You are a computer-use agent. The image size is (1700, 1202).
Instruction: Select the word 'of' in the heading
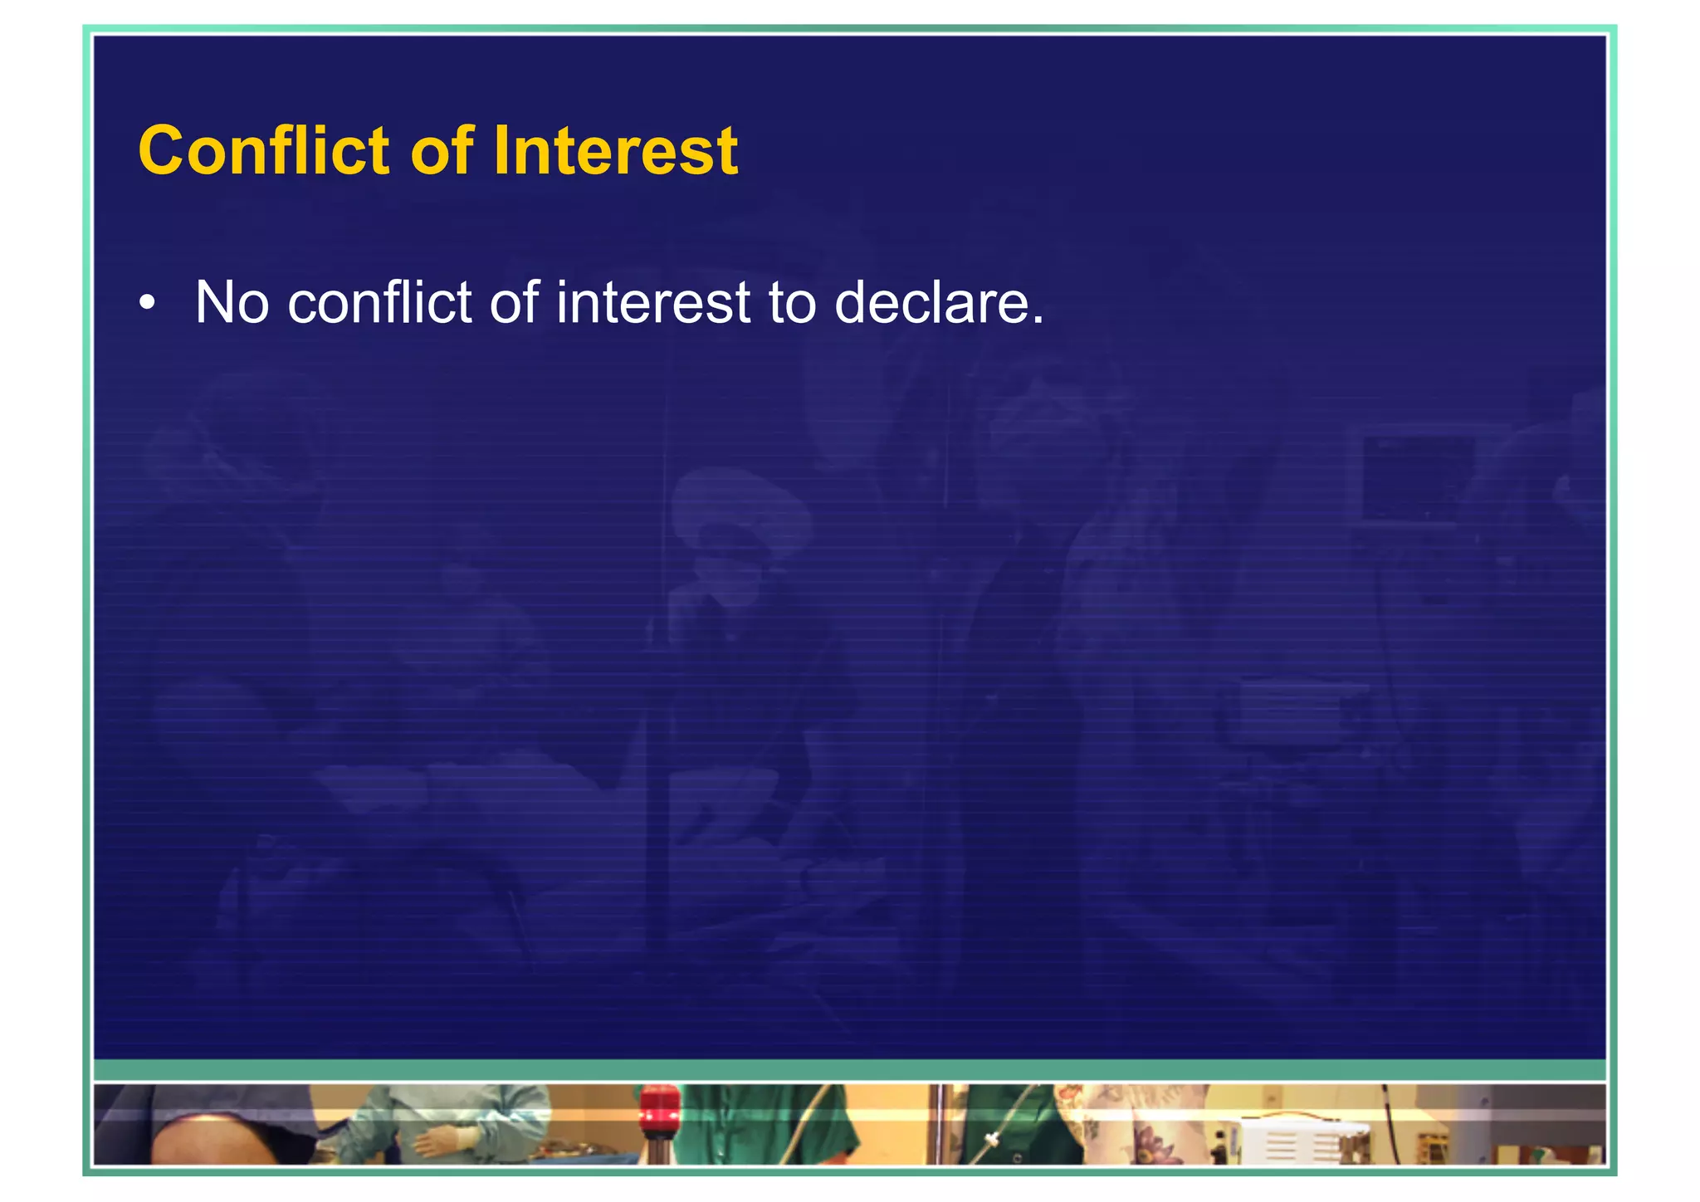click(x=442, y=151)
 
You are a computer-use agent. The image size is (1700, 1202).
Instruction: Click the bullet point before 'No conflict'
click(x=147, y=303)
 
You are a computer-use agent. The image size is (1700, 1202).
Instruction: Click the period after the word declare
click(x=1037, y=319)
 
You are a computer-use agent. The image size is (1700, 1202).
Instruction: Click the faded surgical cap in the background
click(x=740, y=506)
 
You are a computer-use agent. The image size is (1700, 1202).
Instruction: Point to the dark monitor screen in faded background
click(x=1418, y=477)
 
